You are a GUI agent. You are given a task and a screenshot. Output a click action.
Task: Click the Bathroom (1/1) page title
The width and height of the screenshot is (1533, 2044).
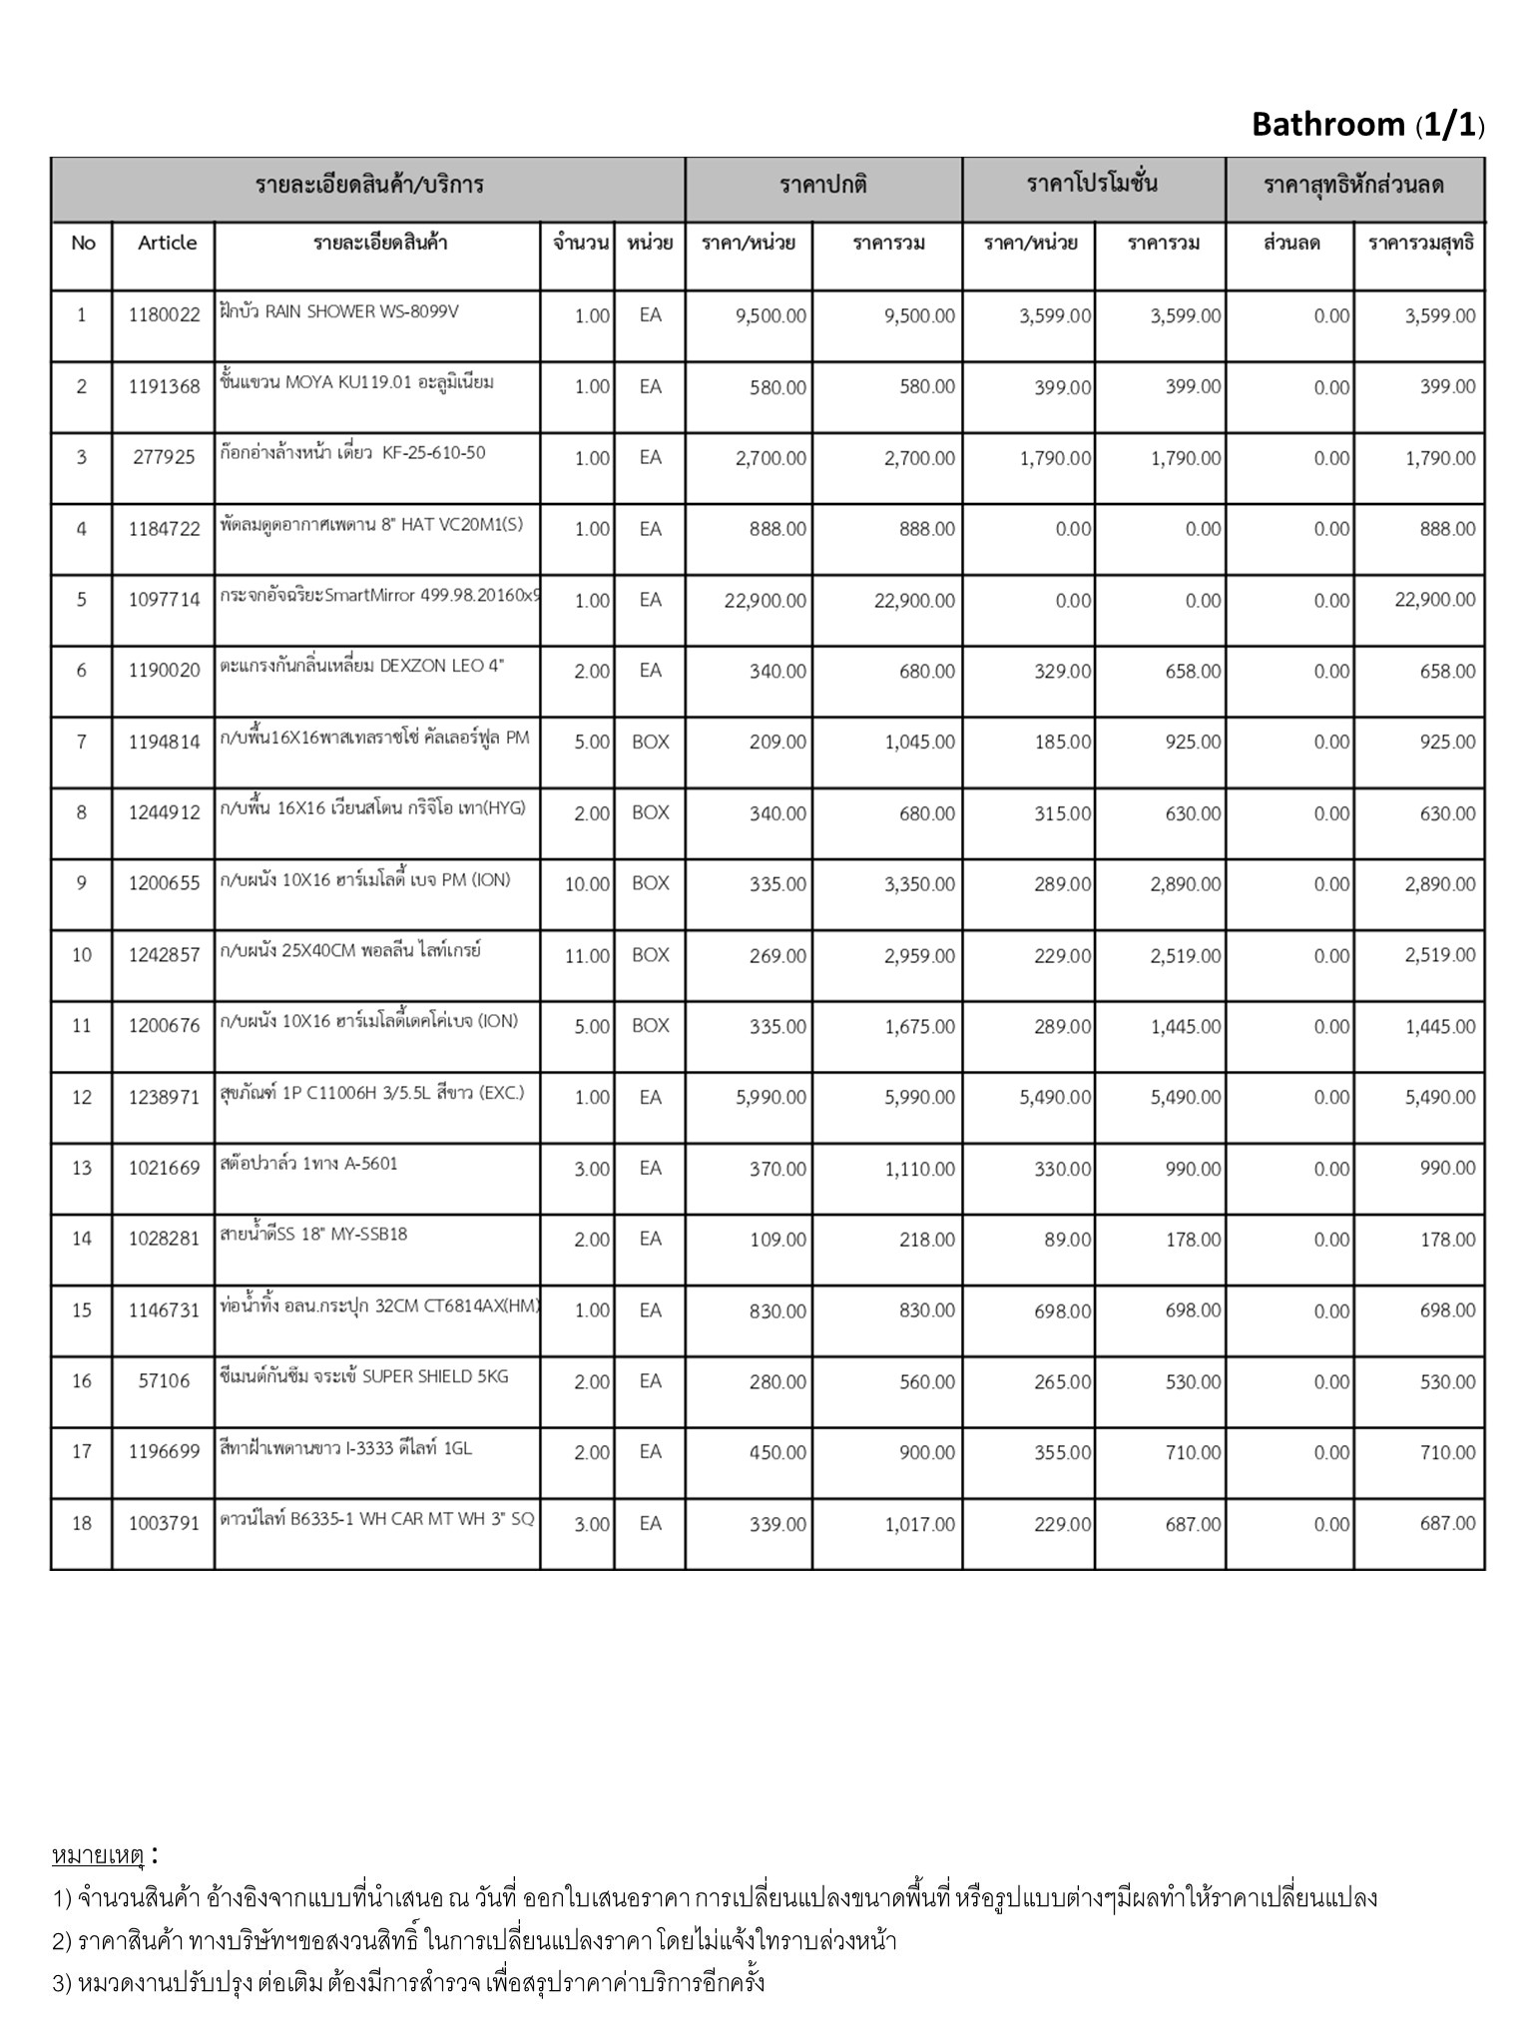pos(1367,125)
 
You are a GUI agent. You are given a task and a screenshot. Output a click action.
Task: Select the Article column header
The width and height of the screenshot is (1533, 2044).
pos(167,243)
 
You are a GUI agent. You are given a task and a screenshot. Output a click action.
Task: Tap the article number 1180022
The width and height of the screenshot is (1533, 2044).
pos(165,316)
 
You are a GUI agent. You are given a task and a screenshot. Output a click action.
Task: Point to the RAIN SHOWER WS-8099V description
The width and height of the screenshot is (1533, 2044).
pos(339,311)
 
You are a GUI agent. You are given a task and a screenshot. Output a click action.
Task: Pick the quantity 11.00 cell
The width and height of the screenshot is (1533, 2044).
pos(587,956)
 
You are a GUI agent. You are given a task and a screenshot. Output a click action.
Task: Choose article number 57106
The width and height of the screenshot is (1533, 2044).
pos(165,1382)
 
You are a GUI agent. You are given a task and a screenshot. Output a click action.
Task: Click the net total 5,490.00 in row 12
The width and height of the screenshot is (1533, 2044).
pos(1440,1098)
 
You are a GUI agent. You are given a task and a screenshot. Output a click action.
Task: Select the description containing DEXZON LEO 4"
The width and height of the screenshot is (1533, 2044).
pos(362,667)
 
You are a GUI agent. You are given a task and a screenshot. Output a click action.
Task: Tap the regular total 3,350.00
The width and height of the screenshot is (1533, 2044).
pos(919,885)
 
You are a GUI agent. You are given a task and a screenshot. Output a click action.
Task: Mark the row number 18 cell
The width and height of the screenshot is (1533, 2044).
pos(82,1524)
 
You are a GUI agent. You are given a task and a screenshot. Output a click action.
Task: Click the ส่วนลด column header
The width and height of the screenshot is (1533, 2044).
pos(1291,244)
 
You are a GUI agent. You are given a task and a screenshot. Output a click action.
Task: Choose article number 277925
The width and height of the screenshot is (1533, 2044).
pos(165,459)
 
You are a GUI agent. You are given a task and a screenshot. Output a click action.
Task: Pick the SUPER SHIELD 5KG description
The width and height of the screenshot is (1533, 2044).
pos(364,1377)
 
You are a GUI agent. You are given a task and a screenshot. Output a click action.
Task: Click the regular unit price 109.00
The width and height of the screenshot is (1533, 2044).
pos(777,1241)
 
